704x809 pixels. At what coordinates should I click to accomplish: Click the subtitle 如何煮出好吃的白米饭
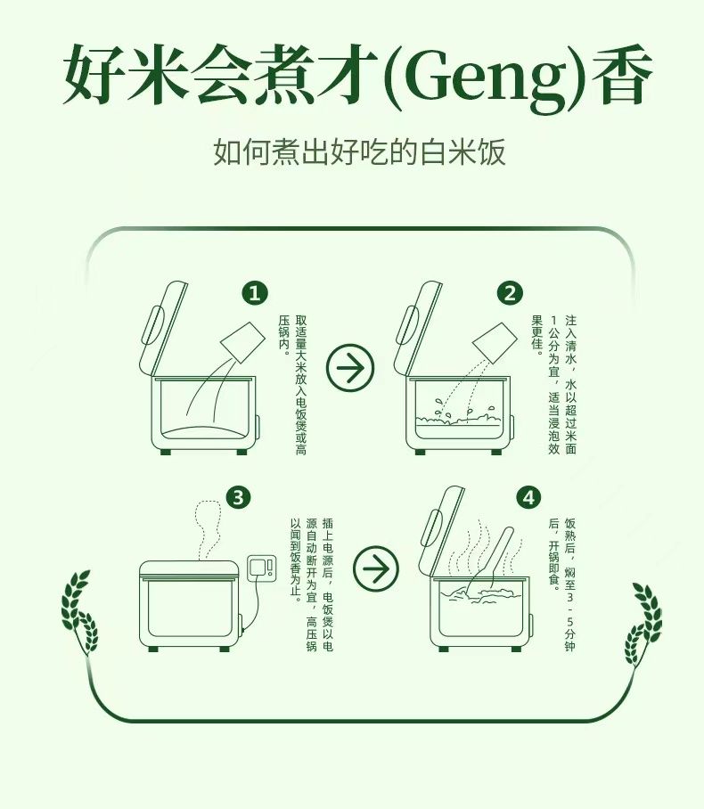359,151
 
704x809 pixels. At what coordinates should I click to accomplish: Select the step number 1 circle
255,293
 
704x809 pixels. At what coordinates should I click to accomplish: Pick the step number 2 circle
510,293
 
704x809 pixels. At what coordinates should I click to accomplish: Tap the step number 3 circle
239,498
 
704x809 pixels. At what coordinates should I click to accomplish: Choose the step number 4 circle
528,498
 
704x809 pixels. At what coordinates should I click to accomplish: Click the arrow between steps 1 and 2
350,367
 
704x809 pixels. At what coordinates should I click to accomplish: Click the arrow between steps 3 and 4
376,568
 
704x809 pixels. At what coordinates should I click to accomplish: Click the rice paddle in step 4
490,560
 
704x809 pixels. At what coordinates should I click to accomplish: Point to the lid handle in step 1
154,325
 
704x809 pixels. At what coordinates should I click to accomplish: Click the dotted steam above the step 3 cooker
209,530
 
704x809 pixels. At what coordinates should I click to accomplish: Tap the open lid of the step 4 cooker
441,531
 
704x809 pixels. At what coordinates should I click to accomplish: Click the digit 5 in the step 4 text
569,618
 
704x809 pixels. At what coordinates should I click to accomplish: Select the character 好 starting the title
93,74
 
